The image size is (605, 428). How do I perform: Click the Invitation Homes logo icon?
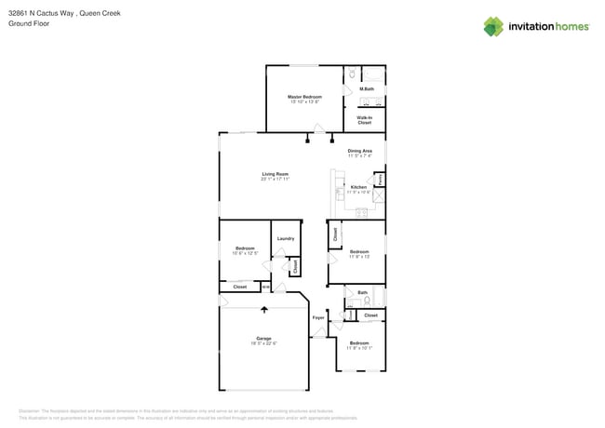493,26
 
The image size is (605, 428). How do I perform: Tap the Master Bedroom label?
304,97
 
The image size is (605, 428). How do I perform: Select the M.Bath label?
367,89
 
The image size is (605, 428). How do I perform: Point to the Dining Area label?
360,151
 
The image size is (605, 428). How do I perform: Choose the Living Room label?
275,174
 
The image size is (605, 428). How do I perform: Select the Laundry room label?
286,238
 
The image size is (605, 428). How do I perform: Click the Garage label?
263,338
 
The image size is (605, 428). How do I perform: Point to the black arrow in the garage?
263,310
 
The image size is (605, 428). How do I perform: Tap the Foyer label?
318,317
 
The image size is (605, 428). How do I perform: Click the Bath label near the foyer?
362,292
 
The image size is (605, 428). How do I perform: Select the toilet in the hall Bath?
367,301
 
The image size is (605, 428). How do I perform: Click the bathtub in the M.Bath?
372,73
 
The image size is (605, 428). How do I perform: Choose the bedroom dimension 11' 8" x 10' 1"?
359,349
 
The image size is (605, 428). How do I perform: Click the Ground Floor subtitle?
29,23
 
